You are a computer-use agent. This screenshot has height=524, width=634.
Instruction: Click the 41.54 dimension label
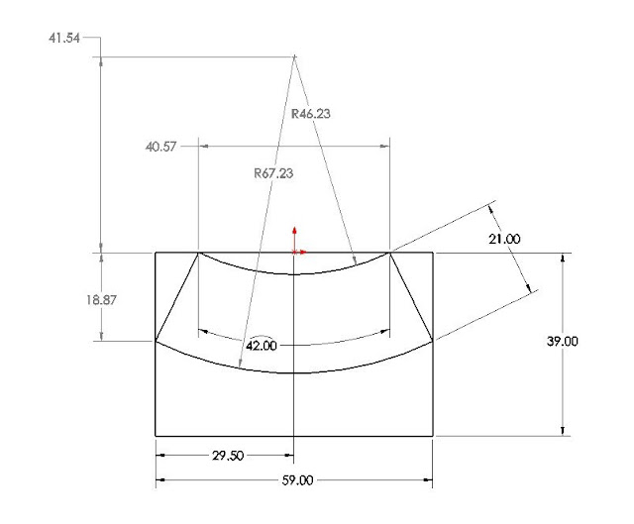coord(64,38)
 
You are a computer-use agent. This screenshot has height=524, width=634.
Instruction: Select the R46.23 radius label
coord(310,114)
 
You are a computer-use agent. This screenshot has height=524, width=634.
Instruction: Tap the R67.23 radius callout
coord(273,173)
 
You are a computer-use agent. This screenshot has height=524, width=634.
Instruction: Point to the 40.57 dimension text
coord(160,147)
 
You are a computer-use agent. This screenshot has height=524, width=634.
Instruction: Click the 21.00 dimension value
coord(504,239)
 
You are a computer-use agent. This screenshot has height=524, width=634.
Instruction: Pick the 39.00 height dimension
coord(562,342)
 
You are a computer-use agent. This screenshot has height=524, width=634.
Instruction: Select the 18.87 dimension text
coord(101,300)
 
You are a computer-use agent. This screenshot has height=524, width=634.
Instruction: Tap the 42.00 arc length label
coord(262,346)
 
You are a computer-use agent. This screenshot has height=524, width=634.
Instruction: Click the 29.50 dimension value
coord(228,456)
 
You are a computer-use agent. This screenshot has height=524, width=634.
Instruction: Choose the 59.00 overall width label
coord(297,480)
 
